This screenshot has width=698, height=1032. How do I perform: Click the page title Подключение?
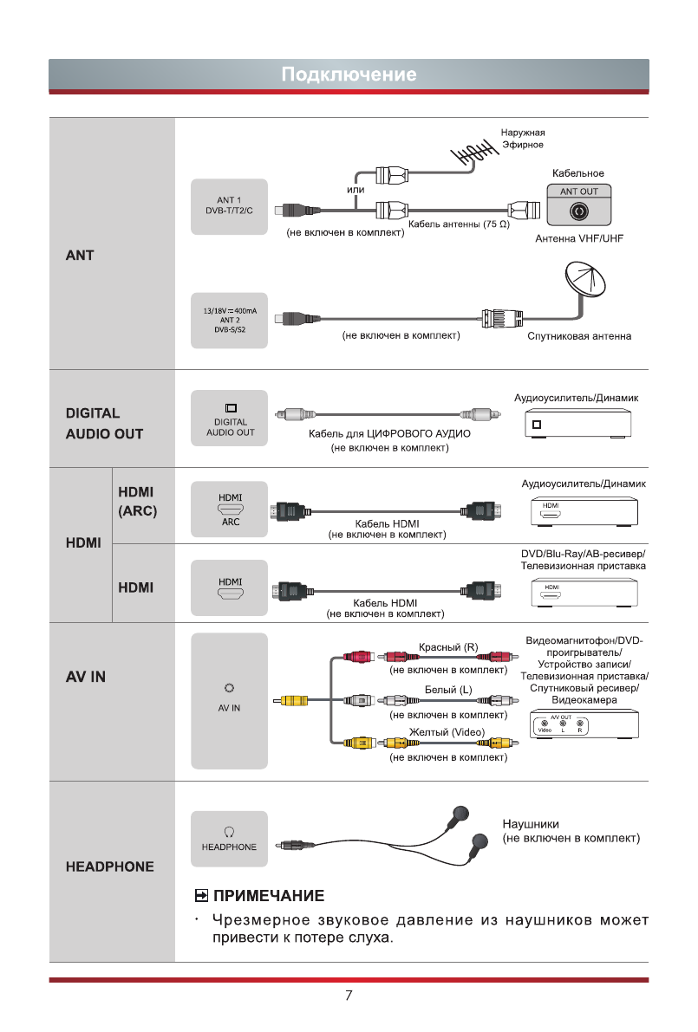point(349,75)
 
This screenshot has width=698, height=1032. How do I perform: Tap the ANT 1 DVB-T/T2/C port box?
point(230,208)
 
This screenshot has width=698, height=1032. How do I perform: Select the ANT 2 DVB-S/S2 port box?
point(230,320)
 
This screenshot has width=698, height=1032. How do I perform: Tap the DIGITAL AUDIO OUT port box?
point(230,420)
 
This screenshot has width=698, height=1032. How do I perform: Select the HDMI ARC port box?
point(230,510)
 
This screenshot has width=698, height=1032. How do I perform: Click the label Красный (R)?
point(448,647)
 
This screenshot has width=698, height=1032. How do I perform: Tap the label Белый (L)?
point(448,691)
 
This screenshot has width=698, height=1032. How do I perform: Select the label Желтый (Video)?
point(447,733)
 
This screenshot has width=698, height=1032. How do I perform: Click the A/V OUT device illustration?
point(584,725)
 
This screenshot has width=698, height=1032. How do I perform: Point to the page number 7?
point(349,996)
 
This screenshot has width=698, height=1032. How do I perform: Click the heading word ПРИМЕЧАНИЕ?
point(269,895)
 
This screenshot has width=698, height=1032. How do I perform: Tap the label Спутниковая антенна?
point(579,336)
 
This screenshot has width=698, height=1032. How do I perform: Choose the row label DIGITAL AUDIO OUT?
point(105,424)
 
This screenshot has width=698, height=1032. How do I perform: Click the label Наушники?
point(531,824)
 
